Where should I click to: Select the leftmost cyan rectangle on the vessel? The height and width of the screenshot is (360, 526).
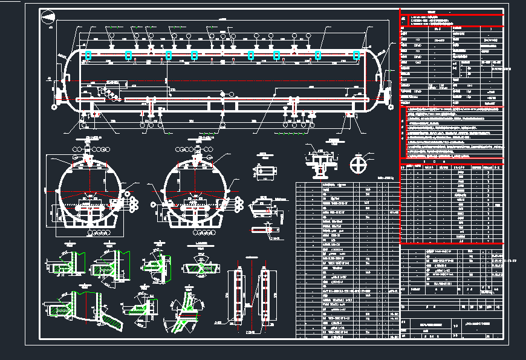click(88, 55)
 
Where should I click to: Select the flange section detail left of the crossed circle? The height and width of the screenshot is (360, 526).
click(320, 161)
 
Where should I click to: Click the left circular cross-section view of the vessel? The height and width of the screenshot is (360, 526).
click(91, 191)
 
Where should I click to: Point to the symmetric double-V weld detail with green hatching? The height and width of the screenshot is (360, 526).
click(203, 266)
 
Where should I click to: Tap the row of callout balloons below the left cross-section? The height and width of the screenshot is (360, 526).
click(97, 232)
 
